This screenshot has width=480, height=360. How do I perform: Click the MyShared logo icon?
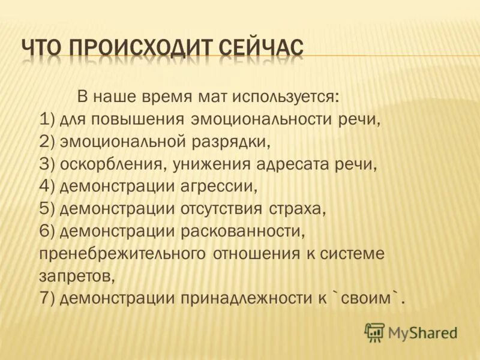(374, 332)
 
